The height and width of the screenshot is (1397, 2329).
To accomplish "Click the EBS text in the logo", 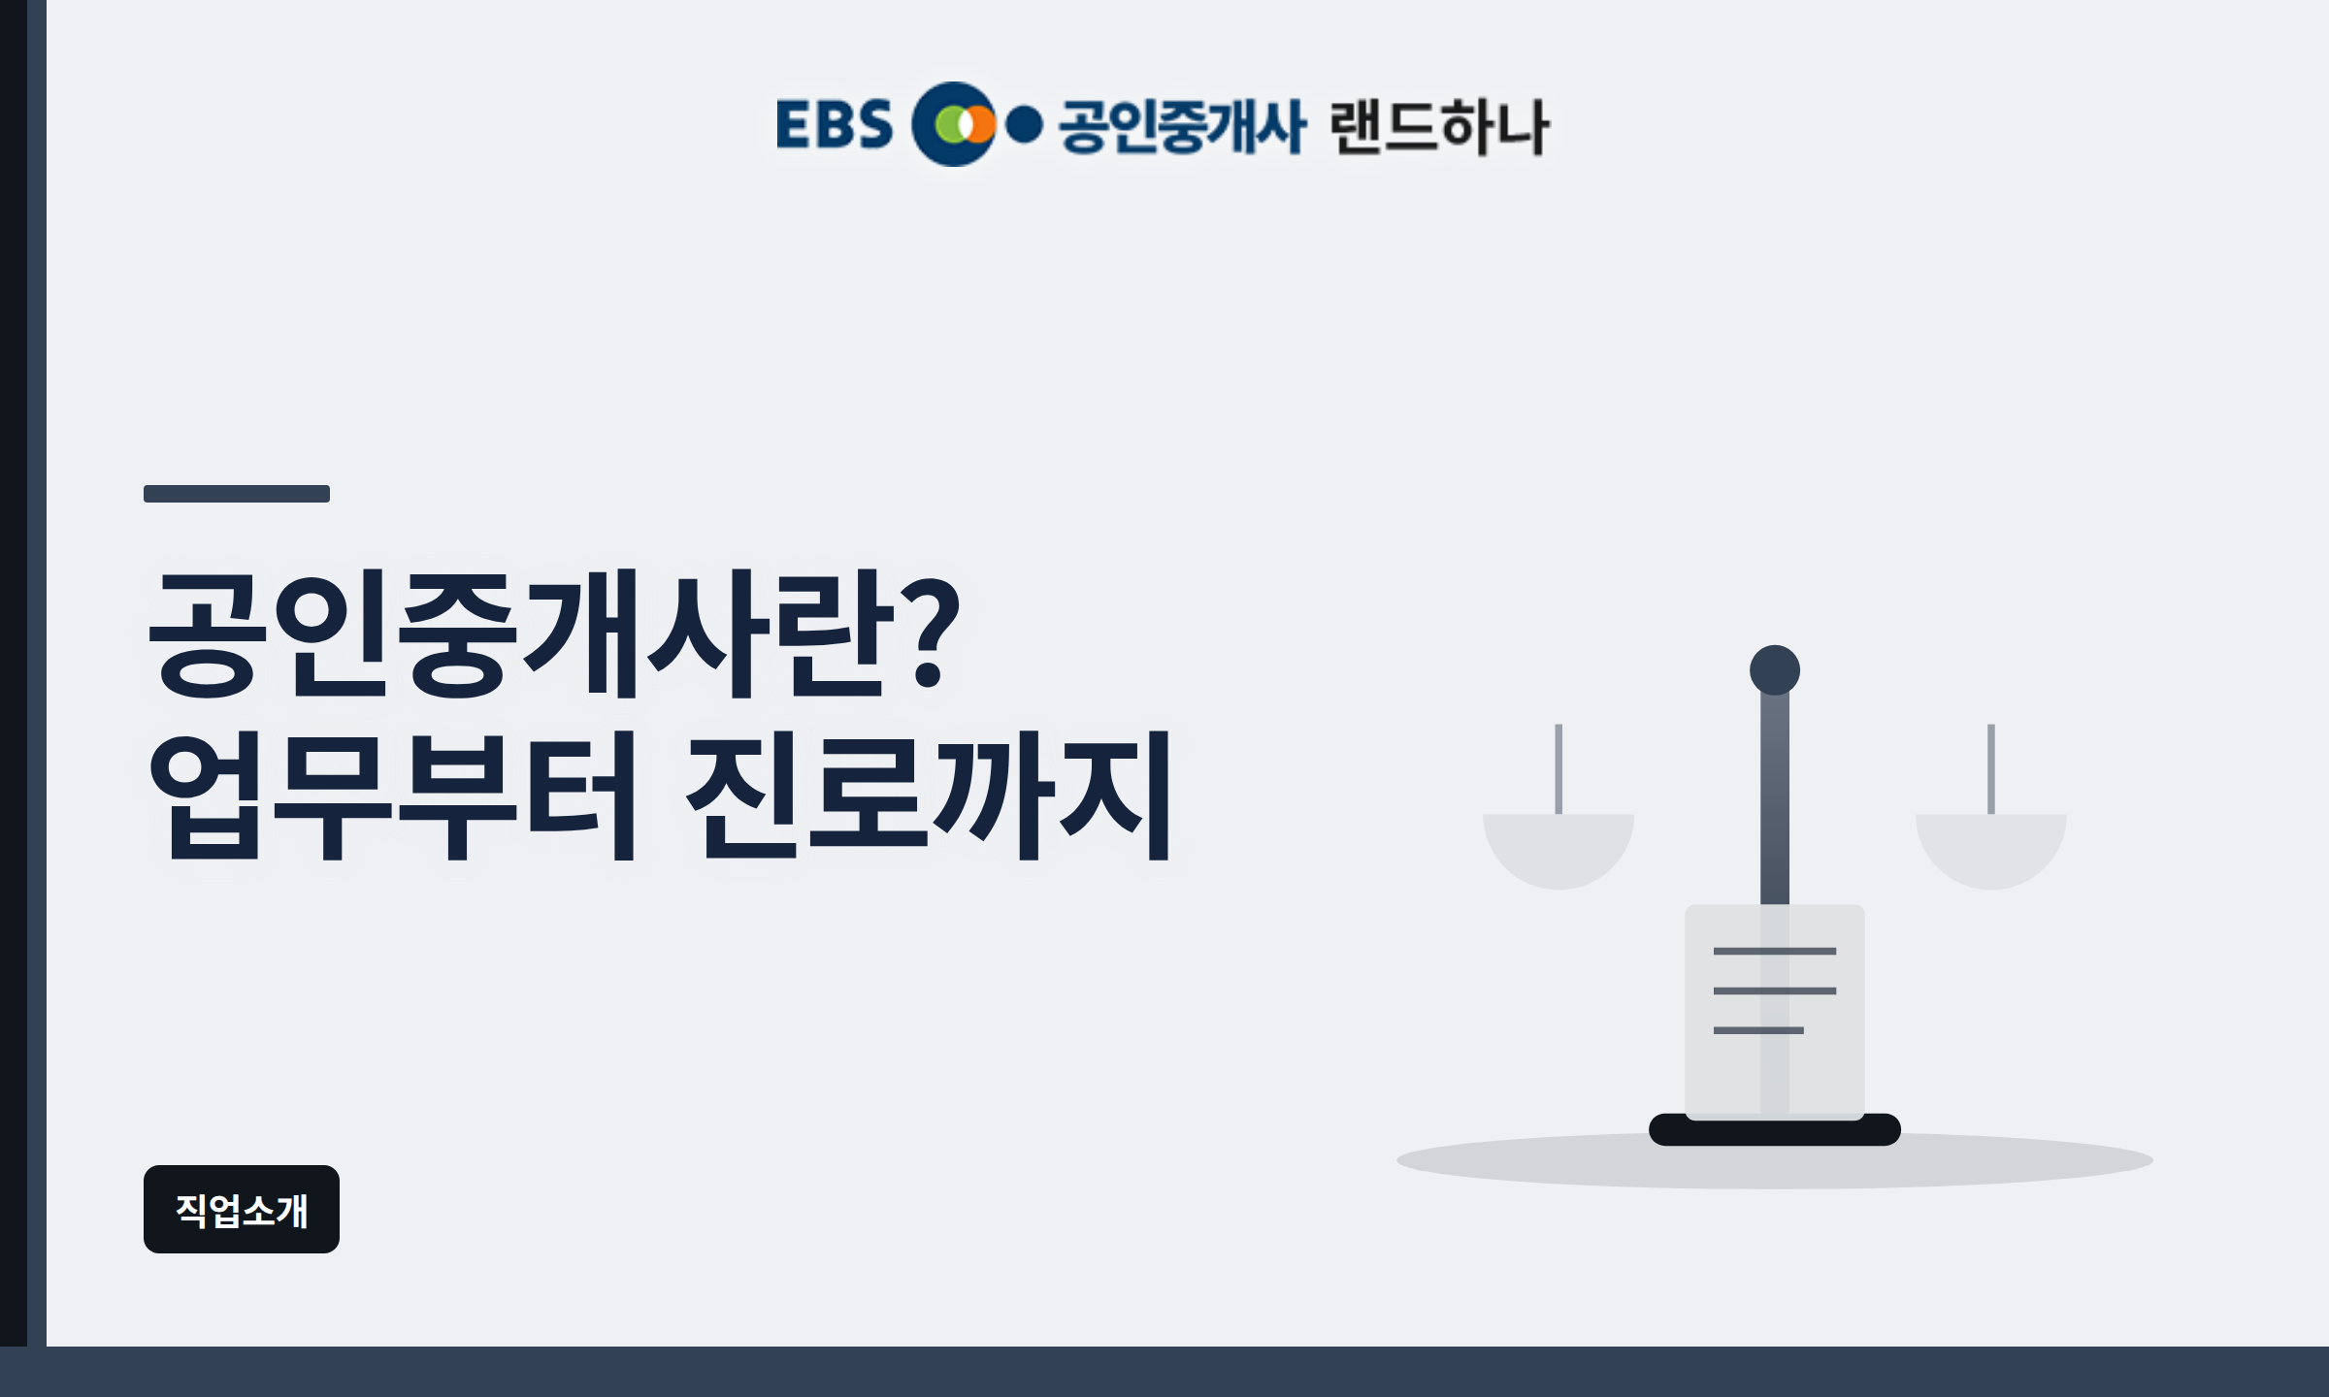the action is click(x=835, y=124).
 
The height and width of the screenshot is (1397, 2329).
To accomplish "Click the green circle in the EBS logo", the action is click(x=950, y=124).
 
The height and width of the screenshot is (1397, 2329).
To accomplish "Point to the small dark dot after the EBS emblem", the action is click(x=1024, y=124).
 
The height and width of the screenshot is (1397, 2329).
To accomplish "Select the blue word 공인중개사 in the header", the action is click(x=1182, y=126).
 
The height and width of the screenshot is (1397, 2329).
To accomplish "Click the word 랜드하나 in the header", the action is click(x=1440, y=126).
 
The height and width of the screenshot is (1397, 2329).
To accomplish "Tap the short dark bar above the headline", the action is click(x=237, y=494).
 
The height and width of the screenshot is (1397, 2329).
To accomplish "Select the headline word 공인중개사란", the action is click(x=515, y=634).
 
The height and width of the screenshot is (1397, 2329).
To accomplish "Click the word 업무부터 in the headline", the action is click(x=393, y=796).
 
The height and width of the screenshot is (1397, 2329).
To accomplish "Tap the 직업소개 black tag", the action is click(x=242, y=1209).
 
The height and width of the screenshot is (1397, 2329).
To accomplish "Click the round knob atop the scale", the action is click(x=1775, y=670).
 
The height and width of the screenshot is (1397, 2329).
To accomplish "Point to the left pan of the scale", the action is click(x=1558, y=851).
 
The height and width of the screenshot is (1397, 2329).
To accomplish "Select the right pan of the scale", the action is click(x=1991, y=851).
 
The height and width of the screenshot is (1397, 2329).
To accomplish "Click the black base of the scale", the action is click(x=1775, y=1130).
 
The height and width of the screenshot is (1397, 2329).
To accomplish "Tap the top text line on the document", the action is click(x=1775, y=951).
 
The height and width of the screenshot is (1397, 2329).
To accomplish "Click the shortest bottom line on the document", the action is click(x=1758, y=1030).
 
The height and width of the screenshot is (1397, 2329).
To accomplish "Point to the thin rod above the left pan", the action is click(x=1558, y=769).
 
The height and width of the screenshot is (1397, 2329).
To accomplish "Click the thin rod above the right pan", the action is click(x=1991, y=769).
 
